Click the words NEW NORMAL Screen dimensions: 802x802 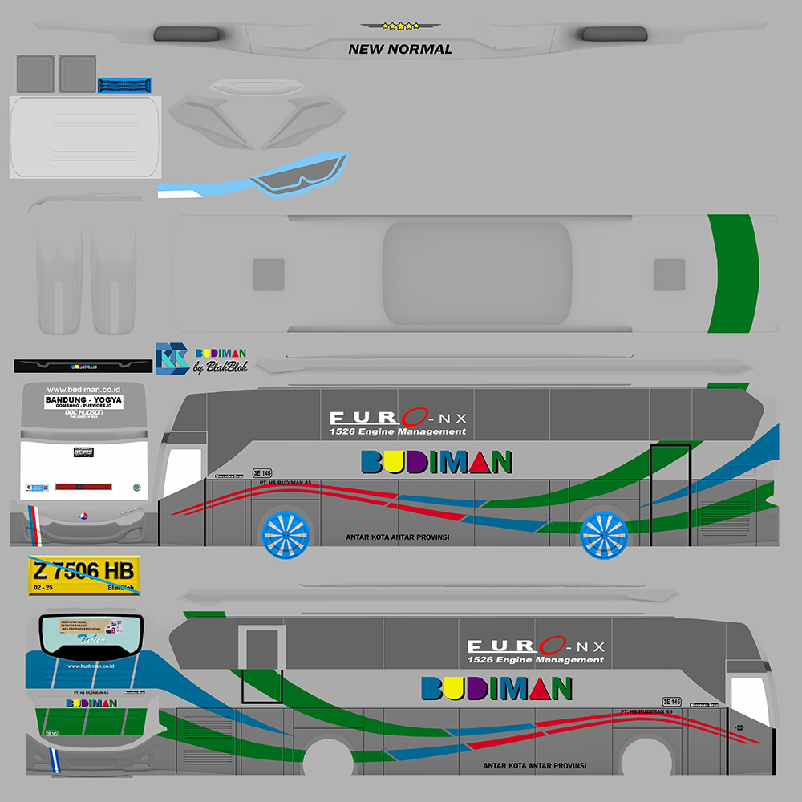click(400, 49)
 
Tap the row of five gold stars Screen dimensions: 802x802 click(400, 26)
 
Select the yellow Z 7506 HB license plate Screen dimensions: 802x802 click(85, 571)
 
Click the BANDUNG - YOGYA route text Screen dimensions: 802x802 click(83, 399)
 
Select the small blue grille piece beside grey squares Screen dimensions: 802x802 click(124, 85)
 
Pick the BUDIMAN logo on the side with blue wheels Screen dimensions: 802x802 click(436, 462)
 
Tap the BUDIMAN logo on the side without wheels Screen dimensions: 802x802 click(496, 688)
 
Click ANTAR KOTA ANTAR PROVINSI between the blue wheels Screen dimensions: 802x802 click(397, 537)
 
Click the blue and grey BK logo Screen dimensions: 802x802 click(172, 358)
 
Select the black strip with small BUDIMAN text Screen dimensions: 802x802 click(83, 367)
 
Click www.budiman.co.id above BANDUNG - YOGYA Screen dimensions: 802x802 click(83, 389)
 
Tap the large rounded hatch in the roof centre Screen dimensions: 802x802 click(477, 273)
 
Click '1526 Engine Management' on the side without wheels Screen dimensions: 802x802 click(536, 660)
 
